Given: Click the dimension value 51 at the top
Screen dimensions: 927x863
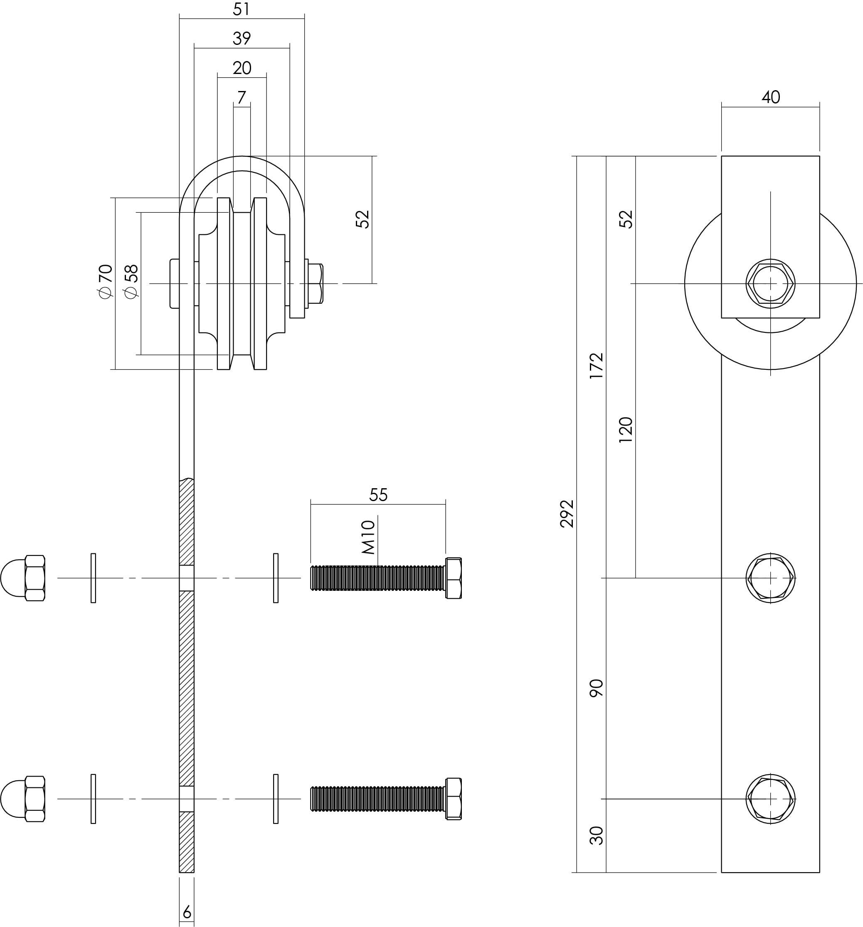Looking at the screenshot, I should point(241,9).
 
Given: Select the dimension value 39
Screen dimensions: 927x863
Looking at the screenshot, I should point(241,38).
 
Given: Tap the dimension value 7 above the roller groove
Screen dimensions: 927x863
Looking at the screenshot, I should point(241,98).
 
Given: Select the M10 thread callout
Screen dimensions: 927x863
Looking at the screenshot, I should point(369,537).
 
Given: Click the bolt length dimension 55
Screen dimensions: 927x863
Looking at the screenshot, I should point(378,495).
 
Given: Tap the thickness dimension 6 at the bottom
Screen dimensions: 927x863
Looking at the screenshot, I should point(187,912).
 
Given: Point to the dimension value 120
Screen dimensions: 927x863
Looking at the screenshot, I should point(625,430).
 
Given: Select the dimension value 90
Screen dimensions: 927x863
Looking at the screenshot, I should point(596,688).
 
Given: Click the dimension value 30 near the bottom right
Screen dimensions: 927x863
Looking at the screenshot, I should point(596,835).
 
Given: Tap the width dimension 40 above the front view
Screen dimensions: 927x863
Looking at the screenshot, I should point(770,97).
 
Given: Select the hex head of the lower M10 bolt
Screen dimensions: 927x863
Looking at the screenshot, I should point(454,798).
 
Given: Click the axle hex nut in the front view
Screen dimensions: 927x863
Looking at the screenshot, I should point(770,283).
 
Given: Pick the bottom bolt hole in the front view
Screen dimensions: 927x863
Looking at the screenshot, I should point(770,798).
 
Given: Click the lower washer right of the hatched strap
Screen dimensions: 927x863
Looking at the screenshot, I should point(276,798).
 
